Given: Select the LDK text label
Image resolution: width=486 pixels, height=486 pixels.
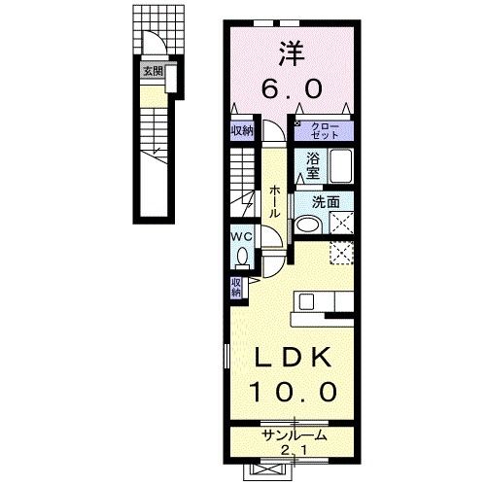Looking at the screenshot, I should point(288,359).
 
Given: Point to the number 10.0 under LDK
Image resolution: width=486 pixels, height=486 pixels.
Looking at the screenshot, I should point(288,393).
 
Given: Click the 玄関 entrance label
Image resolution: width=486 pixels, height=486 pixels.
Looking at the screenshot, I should point(151,71).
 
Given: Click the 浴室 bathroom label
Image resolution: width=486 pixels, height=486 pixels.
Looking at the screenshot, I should point(313,164).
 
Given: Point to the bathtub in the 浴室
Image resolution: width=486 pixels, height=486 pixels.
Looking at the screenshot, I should point(337,168).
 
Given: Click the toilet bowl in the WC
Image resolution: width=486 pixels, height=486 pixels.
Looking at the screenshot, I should point(242,255).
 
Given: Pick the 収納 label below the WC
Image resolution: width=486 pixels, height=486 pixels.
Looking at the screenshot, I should point(236,287).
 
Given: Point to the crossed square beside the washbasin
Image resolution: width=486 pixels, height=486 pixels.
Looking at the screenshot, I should point(340,223).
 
